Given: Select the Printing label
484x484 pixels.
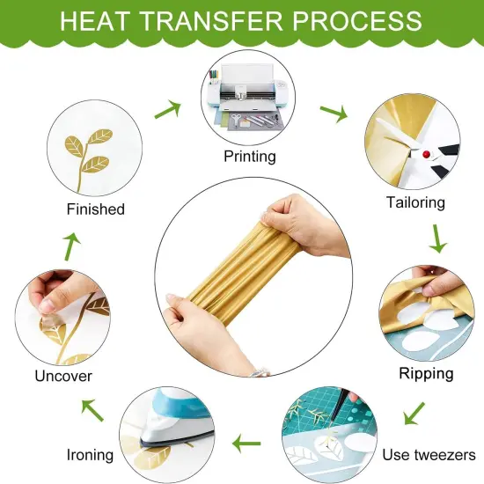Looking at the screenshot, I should [250, 157].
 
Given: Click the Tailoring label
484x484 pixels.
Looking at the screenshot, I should [415, 202].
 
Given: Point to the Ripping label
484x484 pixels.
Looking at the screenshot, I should [426, 372].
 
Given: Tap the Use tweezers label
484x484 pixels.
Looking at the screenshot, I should [429, 455].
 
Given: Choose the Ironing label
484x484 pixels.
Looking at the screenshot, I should [90, 455].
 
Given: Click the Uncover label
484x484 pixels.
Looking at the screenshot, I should [63, 377].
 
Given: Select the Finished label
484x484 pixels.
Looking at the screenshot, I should [95, 209].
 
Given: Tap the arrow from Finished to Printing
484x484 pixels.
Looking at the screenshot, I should [167, 109].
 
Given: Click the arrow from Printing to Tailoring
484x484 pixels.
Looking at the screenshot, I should [332, 113].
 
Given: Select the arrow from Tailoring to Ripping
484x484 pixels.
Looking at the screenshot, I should [436, 238].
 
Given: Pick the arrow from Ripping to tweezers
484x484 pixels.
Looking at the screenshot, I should [414, 412].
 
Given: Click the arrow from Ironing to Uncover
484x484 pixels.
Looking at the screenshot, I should [92, 408].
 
